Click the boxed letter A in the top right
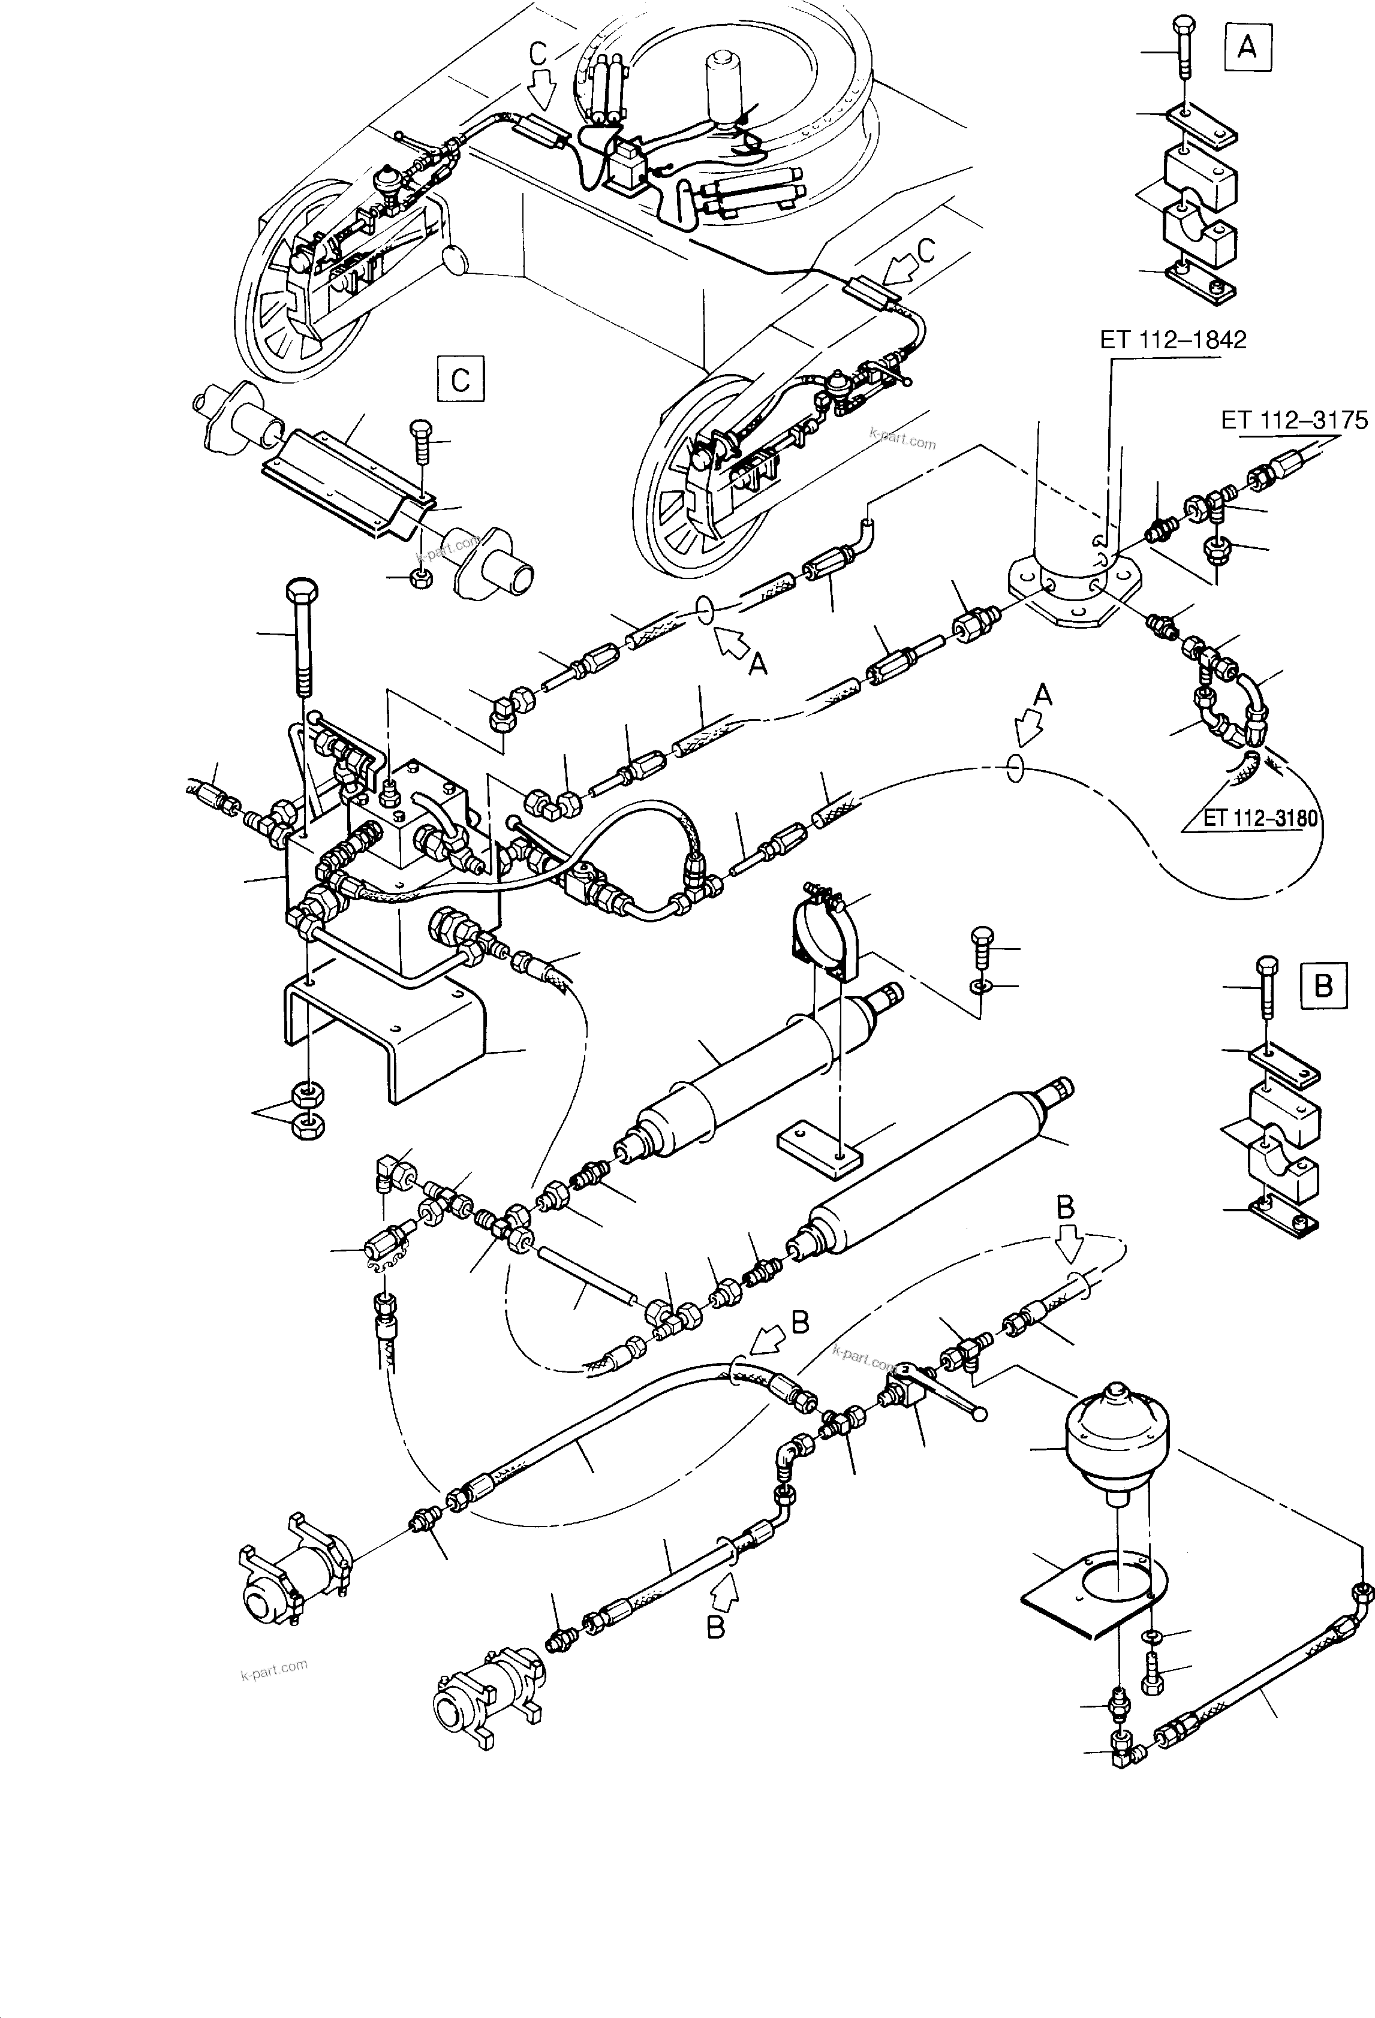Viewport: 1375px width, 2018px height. (1247, 47)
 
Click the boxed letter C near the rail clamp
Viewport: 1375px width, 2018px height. (461, 379)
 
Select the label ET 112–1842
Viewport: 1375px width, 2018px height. (1172, 339)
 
